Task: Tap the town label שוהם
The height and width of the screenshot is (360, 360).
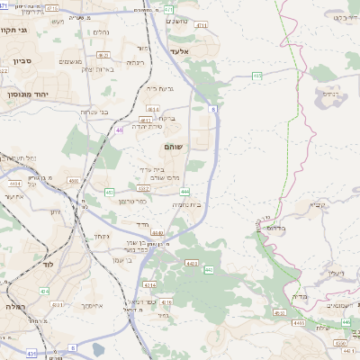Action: click(x=174, y=146)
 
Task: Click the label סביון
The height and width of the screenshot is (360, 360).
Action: click(x=22, y=62)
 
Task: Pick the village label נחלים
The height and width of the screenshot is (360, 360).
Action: click(x=101, y=33)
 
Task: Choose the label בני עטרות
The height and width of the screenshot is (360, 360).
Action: click(x=94, y=112)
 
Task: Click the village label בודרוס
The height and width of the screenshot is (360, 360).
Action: click(x=274, y=228)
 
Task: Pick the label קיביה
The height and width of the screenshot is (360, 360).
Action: click(x=318, y=204)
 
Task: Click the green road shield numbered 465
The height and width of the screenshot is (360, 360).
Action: click(x=256, y=76)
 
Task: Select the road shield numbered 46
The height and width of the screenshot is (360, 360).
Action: click(x=120, y=130)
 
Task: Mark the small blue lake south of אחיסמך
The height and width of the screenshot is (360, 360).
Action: click(x=96, y=349)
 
